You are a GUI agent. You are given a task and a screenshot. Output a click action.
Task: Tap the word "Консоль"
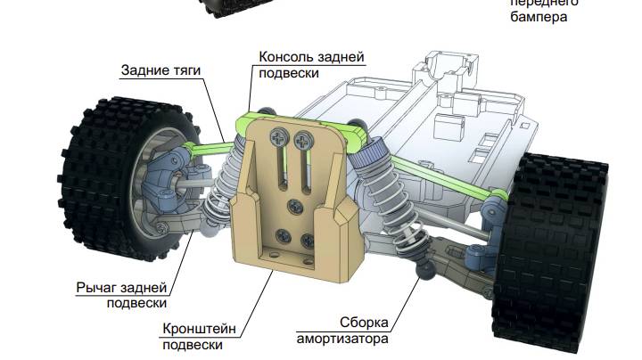click(x=284, y=57)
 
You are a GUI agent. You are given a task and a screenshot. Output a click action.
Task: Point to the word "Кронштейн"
click(x=199, y=328)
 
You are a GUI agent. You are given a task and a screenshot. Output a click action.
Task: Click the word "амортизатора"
click(x=344, y=340)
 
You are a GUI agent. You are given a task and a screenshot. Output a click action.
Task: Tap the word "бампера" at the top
click(x=539, y=17)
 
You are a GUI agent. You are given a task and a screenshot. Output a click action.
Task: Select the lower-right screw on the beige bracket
click(x=309, y=238)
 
